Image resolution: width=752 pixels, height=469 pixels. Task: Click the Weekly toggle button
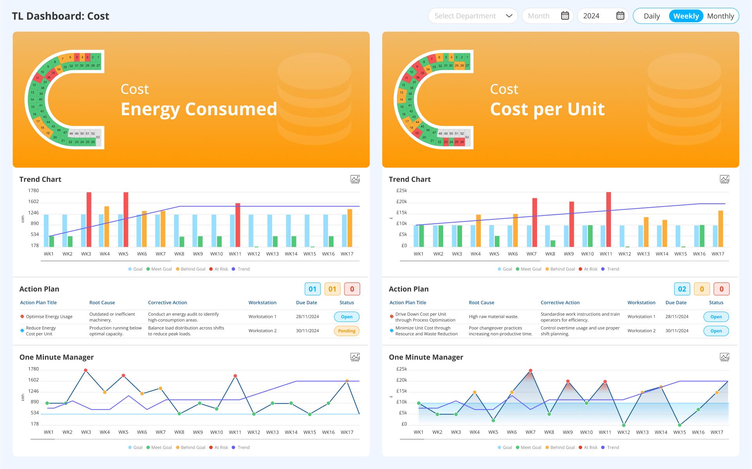coord(686,16)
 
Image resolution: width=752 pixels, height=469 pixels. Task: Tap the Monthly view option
coord(720,16)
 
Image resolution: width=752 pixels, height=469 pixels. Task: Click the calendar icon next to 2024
coord(620,16)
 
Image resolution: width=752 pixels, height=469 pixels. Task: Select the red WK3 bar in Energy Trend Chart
coord(89,219)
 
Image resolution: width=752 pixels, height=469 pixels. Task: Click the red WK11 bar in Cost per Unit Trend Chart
coord(608,219)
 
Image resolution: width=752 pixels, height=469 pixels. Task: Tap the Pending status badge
coord(346,331)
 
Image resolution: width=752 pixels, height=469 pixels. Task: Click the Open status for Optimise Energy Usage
coord(346,317)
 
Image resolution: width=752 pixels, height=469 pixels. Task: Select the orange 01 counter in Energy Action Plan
coord(332,289)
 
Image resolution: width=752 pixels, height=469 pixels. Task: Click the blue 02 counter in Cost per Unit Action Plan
coord(682,289)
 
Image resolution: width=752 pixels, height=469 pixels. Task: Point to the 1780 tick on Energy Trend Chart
coord(33,191)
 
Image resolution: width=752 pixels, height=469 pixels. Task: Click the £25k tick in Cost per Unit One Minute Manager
coord(402,369)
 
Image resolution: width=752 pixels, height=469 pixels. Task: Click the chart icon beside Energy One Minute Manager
coord(355,357)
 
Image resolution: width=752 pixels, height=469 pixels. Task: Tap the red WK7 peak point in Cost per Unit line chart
coord(530,371)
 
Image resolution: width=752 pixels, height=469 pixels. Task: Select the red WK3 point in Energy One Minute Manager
coord(85,370)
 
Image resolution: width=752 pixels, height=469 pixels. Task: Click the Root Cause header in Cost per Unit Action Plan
coord(481,302)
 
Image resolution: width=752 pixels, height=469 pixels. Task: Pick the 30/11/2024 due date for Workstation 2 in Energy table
coord(307,331)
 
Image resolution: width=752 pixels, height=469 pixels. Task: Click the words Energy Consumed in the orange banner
coord(199,109)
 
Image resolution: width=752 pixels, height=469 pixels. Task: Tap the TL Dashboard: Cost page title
coord(61,16)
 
